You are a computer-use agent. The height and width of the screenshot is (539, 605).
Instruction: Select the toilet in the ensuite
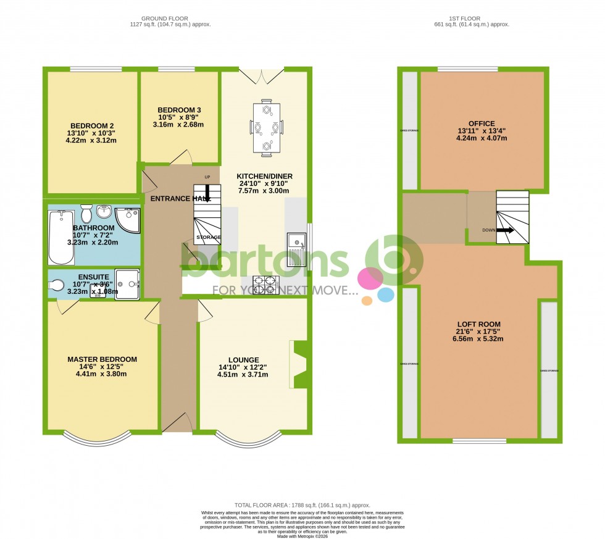56,285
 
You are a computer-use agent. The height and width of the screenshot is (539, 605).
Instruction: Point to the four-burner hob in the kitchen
265,285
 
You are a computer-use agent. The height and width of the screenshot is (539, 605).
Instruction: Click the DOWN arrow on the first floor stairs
506,230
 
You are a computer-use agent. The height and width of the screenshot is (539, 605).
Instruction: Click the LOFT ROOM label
478,324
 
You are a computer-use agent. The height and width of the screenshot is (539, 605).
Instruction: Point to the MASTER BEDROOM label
102,359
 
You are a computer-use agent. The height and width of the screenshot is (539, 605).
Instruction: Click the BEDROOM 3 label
179,110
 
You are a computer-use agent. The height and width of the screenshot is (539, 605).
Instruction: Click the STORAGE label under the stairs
208,237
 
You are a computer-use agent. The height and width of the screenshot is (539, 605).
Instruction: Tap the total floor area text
302,505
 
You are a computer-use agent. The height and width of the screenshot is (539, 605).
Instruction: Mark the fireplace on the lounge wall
299,364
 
